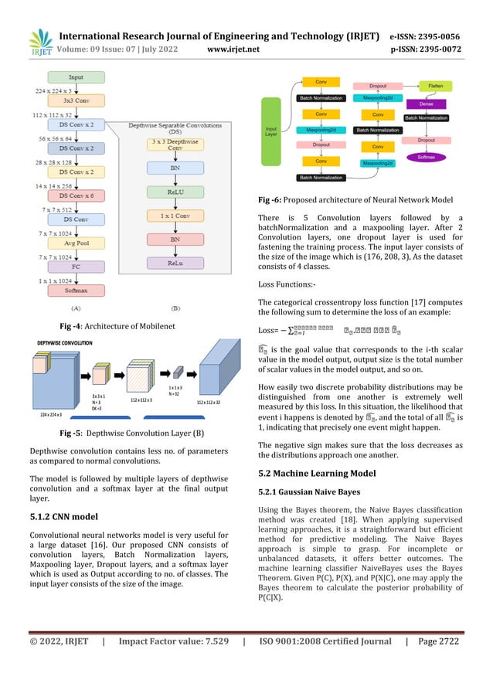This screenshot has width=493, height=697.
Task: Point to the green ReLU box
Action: [175, 191]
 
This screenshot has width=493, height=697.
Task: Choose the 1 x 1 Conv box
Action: [175, 217]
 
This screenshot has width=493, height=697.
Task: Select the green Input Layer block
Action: [271, 131]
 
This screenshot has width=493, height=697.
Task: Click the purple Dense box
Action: [426, 103]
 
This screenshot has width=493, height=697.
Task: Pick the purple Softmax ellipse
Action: [427, 157]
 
